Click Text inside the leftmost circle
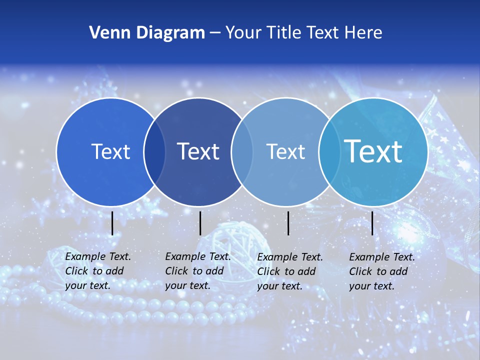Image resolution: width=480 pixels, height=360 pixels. [x=110, y=151]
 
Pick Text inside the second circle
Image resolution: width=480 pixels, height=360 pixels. [x=198, y=151]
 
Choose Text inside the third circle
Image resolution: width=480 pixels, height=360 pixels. [x=286, y=151]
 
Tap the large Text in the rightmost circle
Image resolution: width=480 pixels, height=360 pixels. [x=373, y=151]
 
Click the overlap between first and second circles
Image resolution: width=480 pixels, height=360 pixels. [x=154, y=152]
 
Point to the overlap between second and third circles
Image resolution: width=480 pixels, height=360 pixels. [x=242, y=152]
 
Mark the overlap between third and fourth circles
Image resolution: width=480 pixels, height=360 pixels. [x=328, y=152]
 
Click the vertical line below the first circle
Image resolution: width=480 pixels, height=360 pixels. [x=112, y=223]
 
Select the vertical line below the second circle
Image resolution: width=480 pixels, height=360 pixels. [x=200, y=223]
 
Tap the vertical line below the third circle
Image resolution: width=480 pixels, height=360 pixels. [x=288, y=223]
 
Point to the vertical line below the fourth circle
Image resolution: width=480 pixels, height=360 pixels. [x=372, y=223]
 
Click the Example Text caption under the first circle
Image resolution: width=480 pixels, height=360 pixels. [x=97, y=271]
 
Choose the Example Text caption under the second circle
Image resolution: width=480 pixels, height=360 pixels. [x=197, y=271]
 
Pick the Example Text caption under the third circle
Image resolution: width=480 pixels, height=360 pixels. [x=290, y=271]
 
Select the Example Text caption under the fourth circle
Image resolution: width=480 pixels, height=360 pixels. [x=381, y=271]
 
